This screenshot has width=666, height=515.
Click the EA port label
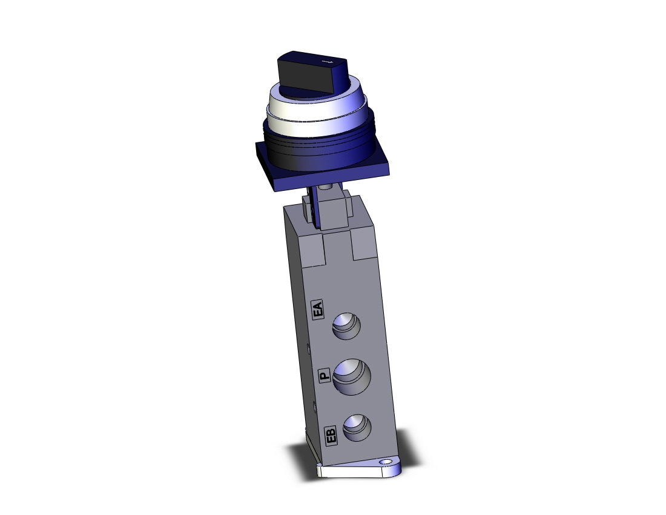317,309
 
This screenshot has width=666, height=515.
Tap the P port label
324,375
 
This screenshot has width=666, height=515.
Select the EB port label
331,435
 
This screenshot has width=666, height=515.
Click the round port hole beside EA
346,327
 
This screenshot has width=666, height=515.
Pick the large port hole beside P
352,376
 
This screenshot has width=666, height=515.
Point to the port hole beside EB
357,428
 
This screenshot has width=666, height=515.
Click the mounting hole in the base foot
386,462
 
